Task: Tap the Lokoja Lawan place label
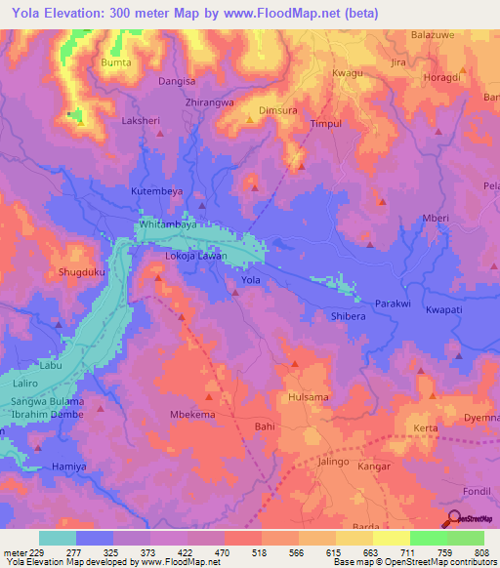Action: tap(195, 256)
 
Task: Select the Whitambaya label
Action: tap(169, 223)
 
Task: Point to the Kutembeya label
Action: tap(157, 192)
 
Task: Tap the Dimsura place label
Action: tap(277, 110)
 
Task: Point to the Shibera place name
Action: tap(347, 314)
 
